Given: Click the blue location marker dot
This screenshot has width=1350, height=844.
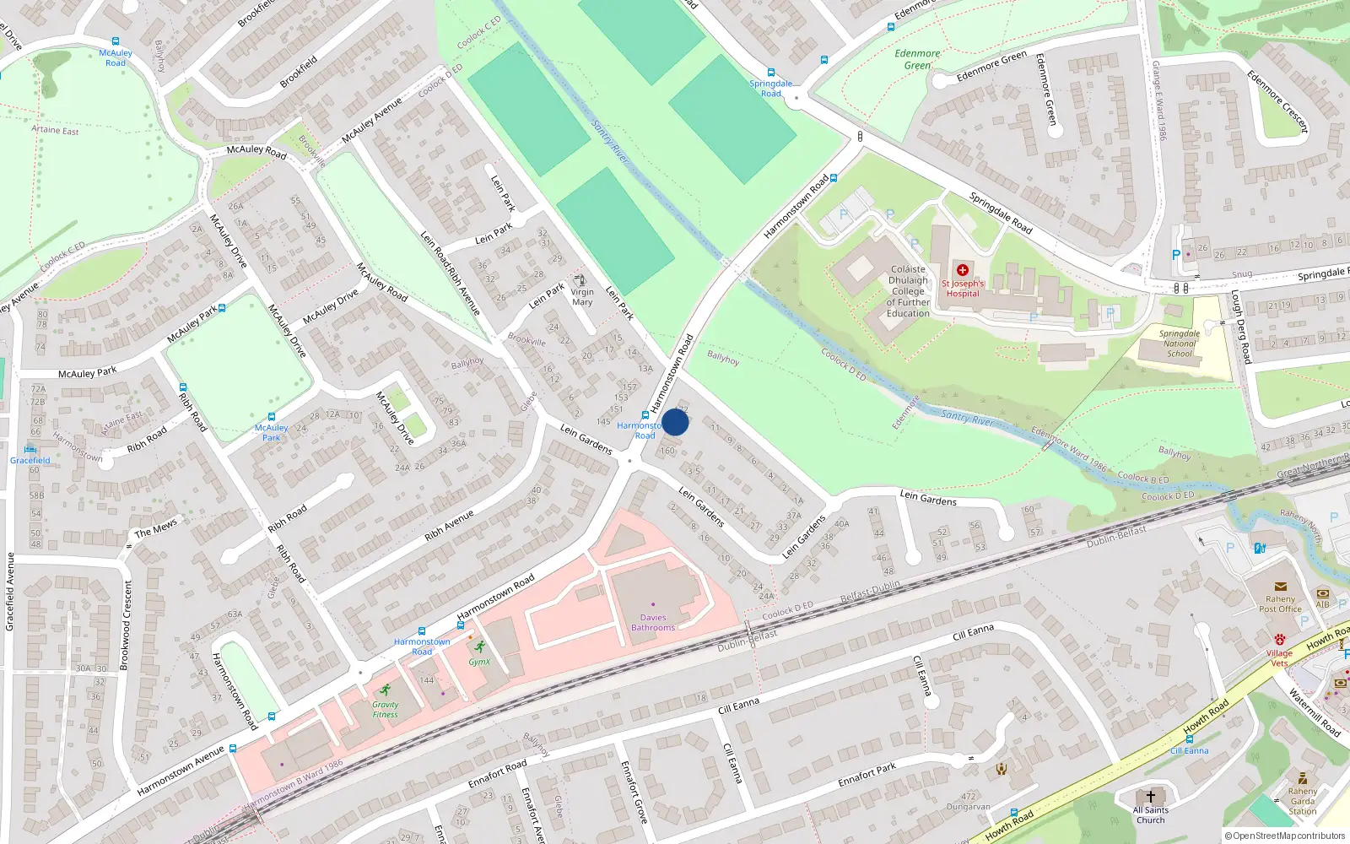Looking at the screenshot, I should (675, 422).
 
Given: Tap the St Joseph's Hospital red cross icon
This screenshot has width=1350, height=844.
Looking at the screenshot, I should (963, 270).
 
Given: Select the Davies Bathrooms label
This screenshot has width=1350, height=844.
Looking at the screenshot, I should (653, 623).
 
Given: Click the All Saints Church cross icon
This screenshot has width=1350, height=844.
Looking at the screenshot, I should (1150, 796).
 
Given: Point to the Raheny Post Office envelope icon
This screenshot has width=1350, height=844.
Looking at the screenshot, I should (1280, 587).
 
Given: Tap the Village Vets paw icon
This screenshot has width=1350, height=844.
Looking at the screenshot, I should (1280, 640).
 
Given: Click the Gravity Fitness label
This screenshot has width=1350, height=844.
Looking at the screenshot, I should (385, 710).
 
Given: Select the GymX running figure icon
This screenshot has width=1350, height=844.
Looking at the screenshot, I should (480, 647).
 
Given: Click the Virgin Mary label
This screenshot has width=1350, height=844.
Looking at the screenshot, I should (582, 297).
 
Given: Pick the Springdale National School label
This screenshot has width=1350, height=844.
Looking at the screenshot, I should (1180, 344).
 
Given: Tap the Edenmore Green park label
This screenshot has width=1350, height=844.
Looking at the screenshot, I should (917, 59).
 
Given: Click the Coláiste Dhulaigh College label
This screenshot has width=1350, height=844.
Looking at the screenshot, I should (908, 291).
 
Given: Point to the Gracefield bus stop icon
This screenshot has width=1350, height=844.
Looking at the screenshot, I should (30, 449).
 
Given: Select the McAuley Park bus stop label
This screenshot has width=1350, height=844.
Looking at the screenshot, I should (272, 432).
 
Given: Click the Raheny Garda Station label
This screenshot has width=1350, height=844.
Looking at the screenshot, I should (1302, 802).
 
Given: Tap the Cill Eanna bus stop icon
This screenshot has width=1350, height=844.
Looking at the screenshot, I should (1189, 739).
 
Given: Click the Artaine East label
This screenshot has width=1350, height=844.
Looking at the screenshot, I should (55, 130).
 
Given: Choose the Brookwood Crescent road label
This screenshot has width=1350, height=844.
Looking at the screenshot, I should (125, 625).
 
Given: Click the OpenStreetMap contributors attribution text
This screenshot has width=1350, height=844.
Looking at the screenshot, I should (1286, 836).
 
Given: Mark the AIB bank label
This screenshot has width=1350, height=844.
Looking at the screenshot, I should (1322, 604).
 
